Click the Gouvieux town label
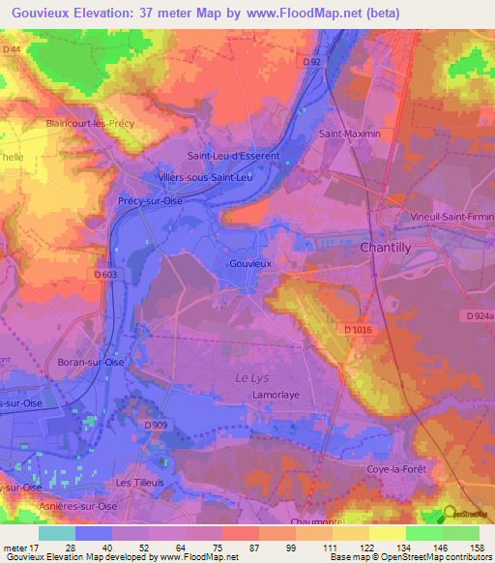pos(249,262)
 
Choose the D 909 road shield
pos(156,425)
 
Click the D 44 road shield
pos(13,49)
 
